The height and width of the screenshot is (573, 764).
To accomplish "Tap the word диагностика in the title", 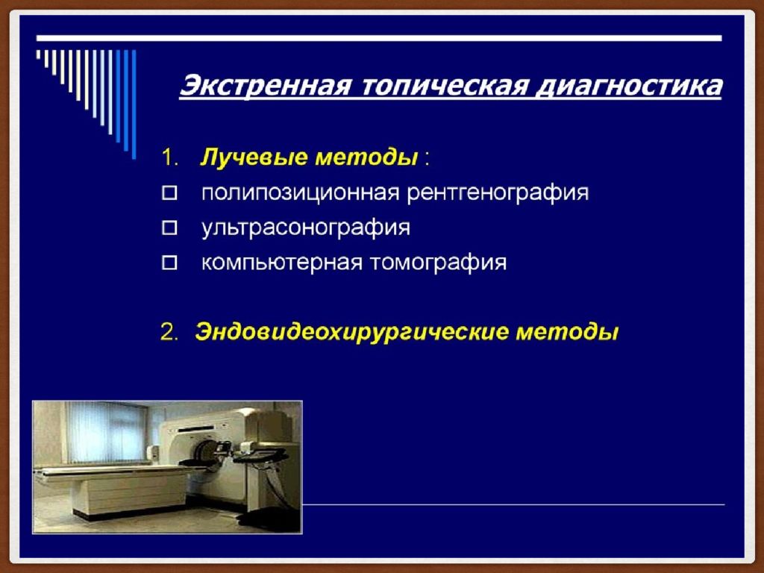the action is pyautogui.click(x=628, y=87).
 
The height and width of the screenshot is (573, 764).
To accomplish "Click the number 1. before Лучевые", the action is pyautogui.click(x=170, y=158).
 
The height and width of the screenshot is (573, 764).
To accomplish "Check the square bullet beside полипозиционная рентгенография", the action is pyautogui.click(x=169, y=193).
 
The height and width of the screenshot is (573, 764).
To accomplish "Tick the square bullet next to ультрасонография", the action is pyautogui.click(x=169, y=228).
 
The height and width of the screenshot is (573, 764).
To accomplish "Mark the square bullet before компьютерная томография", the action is pyautogui.click(x=169, y=263).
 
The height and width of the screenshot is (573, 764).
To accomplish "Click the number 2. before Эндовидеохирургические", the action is pyautogui.click(x=170, y=333).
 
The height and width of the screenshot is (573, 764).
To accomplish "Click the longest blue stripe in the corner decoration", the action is pyautogui.click(x=134, y=104).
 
